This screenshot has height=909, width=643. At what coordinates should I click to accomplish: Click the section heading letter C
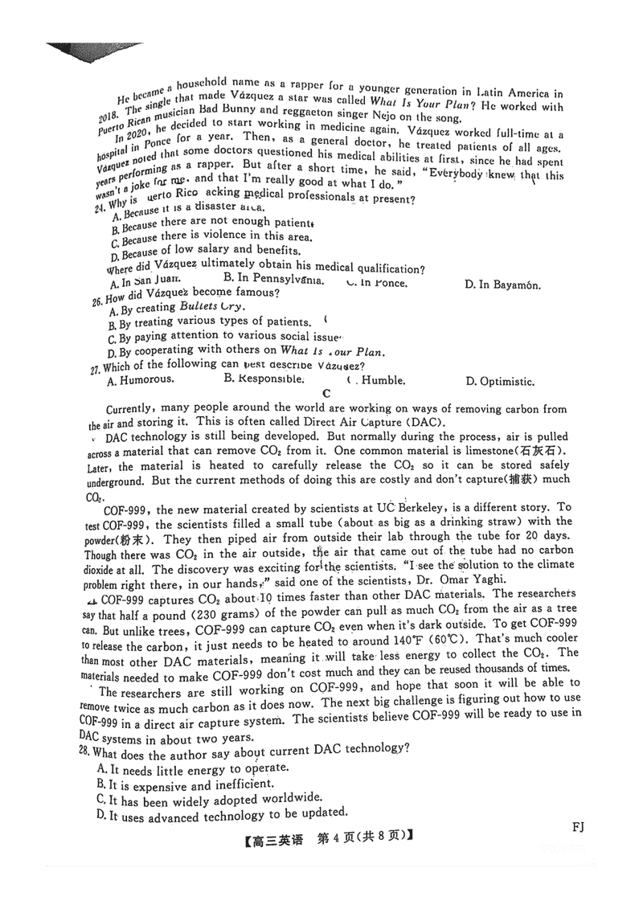point(326,393)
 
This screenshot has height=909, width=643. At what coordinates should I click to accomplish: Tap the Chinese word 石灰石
point(547,451)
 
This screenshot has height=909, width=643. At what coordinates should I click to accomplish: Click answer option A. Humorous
point(140,380)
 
